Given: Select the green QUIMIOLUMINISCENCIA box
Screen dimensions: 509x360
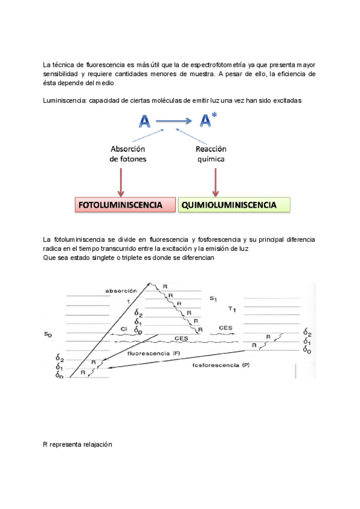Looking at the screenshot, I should click(234, 205).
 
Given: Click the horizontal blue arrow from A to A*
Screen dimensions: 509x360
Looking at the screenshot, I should click(176, 122).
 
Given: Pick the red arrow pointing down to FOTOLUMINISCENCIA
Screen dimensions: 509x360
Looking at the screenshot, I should click(121, 181).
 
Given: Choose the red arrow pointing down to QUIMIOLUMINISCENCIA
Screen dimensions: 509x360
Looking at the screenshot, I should click(215, 181).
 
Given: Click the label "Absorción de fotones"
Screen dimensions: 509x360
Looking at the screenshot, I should click(128, 154).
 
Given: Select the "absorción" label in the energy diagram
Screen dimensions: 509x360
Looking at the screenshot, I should click(121, 291).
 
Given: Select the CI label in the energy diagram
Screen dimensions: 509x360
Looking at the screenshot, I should click(122, 330).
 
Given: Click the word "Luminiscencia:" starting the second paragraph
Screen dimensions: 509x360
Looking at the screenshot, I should click(65, 101).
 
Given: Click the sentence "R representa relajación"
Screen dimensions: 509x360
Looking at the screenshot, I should click(77, 445).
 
